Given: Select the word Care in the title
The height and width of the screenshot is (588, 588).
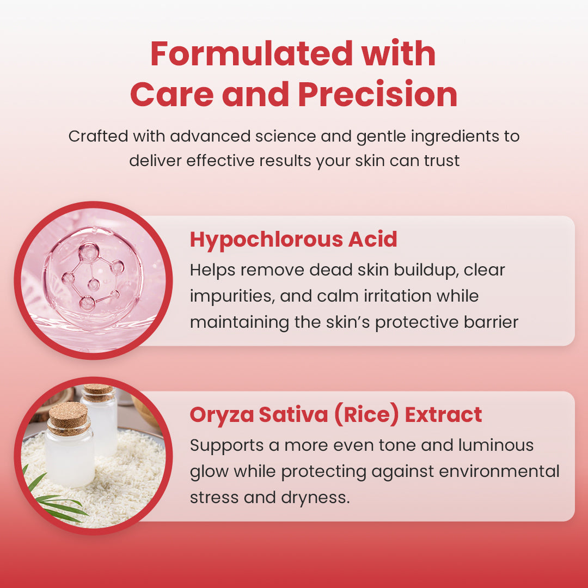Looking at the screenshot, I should click(173, 94).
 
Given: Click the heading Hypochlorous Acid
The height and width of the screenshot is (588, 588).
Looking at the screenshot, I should click(293, 240).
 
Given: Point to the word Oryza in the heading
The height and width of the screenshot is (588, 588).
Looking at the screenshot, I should click(221, 415).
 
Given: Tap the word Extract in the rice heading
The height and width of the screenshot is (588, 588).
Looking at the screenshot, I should click(444, 415).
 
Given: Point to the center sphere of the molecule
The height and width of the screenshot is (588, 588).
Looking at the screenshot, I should click(94, 283).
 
